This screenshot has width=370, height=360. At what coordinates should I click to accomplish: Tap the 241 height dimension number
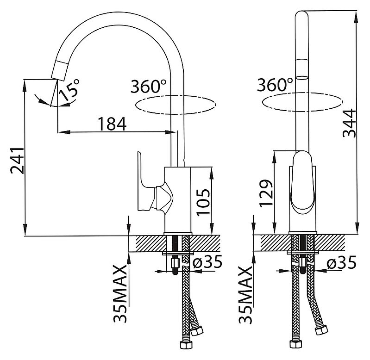pyautogui.click(x=17, y=161)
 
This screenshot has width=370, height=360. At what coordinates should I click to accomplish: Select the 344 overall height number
pyautogui.click(x=350, y=123)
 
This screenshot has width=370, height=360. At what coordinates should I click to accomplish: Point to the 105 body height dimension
pyautogui.click(x=203, y=202)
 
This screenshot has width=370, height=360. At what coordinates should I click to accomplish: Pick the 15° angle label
pyautogui.click(x=69, y=90)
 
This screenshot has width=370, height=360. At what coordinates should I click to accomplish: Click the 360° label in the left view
pyautogui.click(x=149, y=86)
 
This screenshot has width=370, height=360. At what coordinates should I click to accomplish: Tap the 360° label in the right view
pyautogui.click(x=275, y=84)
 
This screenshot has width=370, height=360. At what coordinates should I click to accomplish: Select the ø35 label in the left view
pyautogui.click(x=207, y=262)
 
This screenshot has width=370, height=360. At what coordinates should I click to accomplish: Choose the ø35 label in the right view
pyautogui.click(x=341, y=263)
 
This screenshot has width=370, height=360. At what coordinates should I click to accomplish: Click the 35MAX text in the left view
pyautogui.click(x=120, y=293)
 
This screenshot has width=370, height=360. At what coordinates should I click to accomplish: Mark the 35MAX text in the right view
pyautogui.click(x=245, y=295)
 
